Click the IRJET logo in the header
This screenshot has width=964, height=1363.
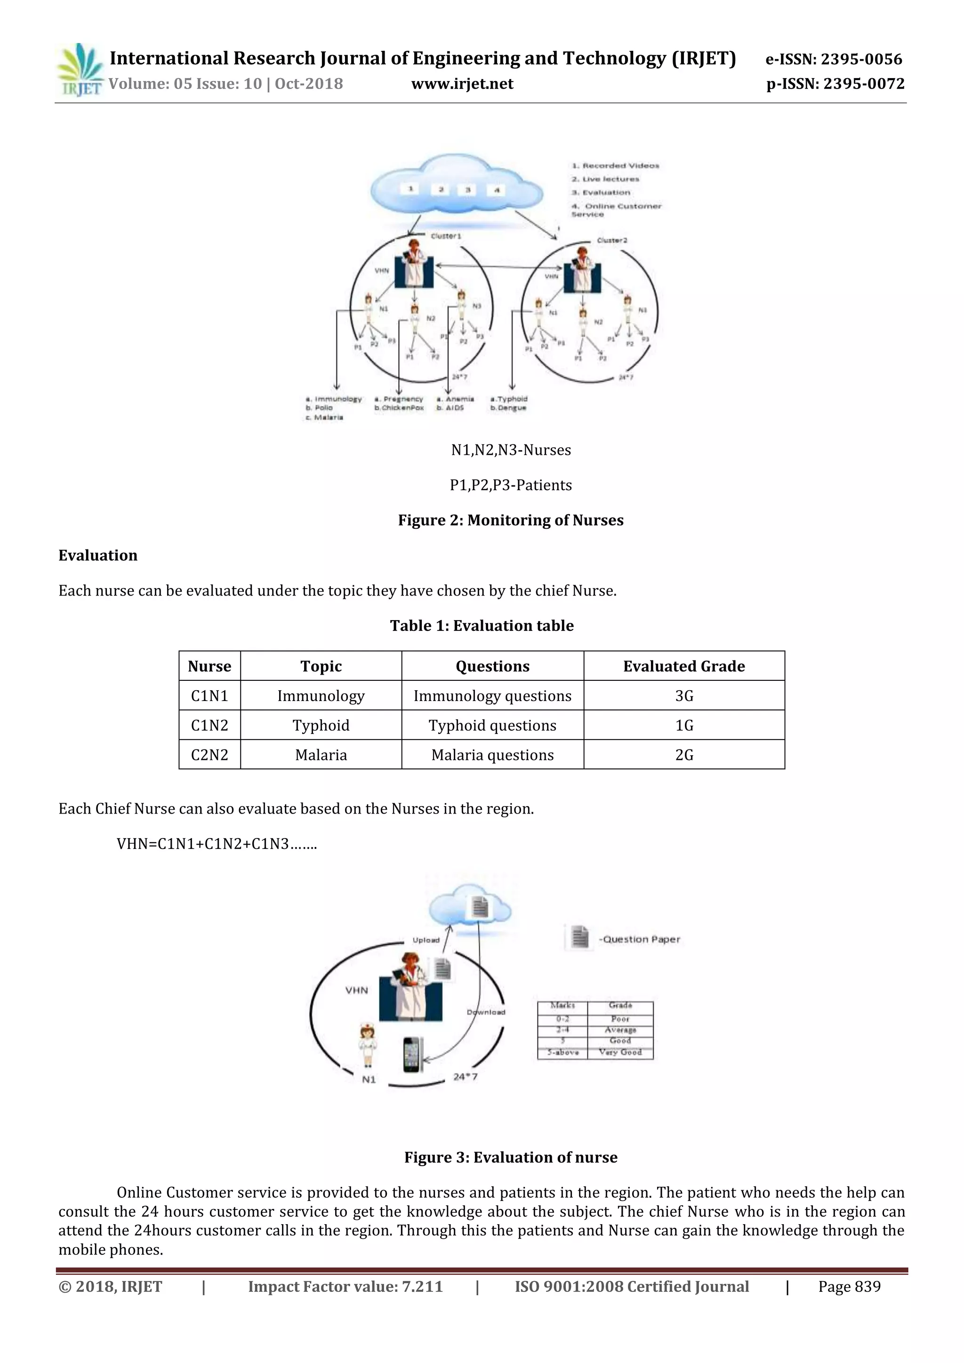tap(80, 70)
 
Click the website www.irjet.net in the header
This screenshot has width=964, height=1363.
tap(462, 84)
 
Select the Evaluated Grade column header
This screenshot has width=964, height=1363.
tap(684, 666)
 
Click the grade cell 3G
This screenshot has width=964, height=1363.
tap(684, 696)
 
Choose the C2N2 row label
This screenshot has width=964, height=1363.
tap(209, 755)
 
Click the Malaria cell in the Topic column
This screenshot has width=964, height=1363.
tap(321, 755)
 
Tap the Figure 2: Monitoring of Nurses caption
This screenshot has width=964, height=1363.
tap(511, 520)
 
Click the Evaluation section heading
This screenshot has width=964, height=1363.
tap(98, 555)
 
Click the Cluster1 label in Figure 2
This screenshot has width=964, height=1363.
tap(446, 236)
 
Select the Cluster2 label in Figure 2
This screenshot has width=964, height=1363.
tap(611, 241)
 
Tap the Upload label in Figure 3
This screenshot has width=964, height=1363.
tap(426, 940)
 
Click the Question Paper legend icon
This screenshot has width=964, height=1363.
tap(579, 937)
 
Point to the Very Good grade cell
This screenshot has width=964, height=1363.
tap(620, 1052)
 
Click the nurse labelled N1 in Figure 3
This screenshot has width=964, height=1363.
tap(368, 1046)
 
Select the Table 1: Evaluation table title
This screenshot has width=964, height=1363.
tap(482, 626)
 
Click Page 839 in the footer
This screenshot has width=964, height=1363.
tap(849, 1286)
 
